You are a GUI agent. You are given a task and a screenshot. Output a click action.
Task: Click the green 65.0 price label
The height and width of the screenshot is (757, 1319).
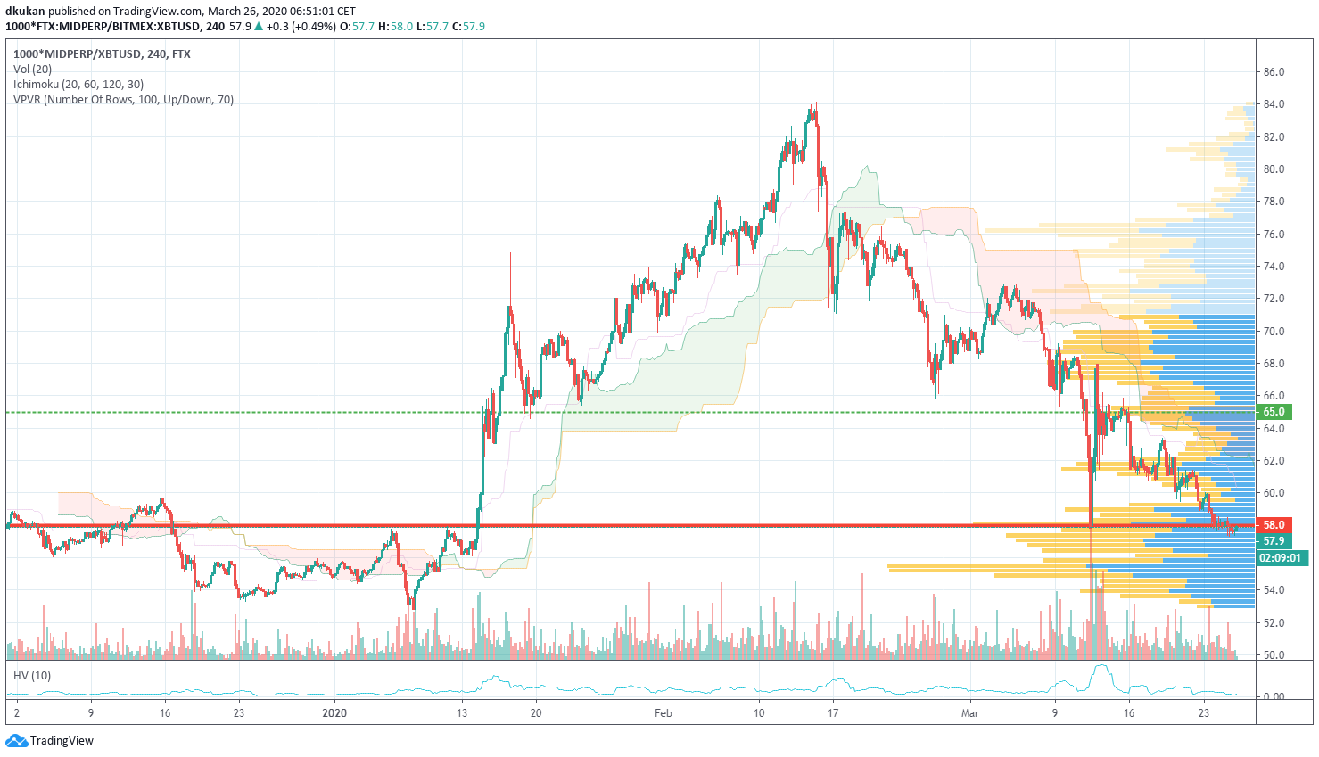[1274, 412]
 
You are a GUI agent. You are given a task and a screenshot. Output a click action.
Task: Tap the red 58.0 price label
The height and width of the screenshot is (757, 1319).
[1274, 525]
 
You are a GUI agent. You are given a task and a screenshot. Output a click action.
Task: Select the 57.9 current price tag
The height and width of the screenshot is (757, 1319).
[1274, 541]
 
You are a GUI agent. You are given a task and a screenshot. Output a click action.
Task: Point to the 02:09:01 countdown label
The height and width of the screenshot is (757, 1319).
[1280, 558]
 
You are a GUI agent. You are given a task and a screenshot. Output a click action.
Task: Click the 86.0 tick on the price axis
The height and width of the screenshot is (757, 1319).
[1274, 72]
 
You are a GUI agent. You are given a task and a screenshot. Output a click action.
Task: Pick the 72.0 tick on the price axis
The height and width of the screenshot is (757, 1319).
[1274, 299]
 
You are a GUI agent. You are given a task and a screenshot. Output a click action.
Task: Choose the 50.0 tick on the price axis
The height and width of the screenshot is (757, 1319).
[1274, 655]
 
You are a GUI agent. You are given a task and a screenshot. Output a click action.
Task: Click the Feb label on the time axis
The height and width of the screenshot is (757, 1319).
[663, 713]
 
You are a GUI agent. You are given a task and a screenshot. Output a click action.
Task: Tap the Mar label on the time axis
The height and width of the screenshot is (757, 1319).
[970, 713]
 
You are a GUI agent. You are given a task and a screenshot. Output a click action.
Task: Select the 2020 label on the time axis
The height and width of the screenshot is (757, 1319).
[334, 713]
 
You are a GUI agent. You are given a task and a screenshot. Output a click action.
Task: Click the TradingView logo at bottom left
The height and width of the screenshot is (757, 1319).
[50, 741]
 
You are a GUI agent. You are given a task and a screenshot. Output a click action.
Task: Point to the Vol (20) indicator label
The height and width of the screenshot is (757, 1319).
[33, 70]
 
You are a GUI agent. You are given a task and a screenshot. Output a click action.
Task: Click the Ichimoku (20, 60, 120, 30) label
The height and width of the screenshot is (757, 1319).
[78, 85]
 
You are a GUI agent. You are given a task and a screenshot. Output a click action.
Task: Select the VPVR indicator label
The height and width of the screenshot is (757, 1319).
[123, 100]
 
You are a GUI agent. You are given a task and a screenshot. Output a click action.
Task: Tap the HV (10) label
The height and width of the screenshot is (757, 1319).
[32, 676]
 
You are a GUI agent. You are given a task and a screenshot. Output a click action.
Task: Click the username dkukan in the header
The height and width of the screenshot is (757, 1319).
[25, 12]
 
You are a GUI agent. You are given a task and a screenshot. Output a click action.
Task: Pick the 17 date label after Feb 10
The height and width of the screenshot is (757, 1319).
[832, 713]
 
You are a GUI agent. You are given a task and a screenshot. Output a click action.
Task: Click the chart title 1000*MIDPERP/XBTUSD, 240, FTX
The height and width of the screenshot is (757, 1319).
[102, 54]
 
